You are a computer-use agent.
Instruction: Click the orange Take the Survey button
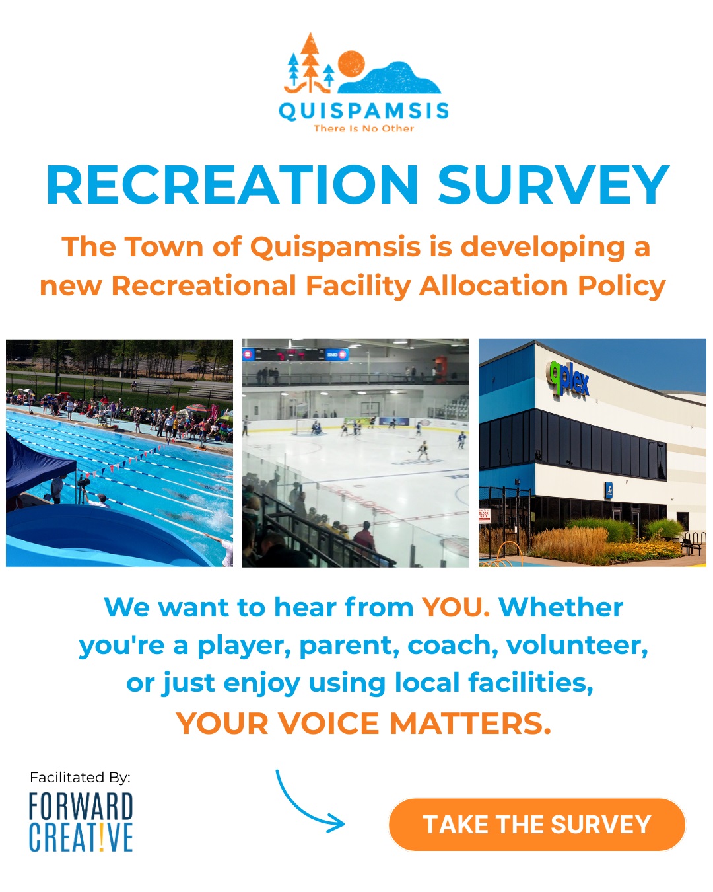click(x=537, y=824)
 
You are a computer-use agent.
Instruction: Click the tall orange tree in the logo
click(x=310, y=62)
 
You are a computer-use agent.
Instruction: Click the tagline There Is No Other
click(x=364, y=128)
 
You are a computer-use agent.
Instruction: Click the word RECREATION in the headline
click(x=232, y=184)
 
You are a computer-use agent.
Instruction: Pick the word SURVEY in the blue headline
click(x=553, y=184)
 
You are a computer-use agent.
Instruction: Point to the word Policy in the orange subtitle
click(x=621, y=287)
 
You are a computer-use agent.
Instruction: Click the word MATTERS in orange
click(x=470, y=724)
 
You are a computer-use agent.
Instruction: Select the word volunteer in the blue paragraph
click(x=577, y=646)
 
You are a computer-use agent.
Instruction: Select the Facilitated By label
click(x=80, y=777)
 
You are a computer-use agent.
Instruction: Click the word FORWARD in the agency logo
click(x=81, y=807)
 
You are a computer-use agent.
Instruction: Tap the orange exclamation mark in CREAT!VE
click(x=102, y=837)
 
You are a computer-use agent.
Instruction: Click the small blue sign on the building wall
click(x=609, y=491)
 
